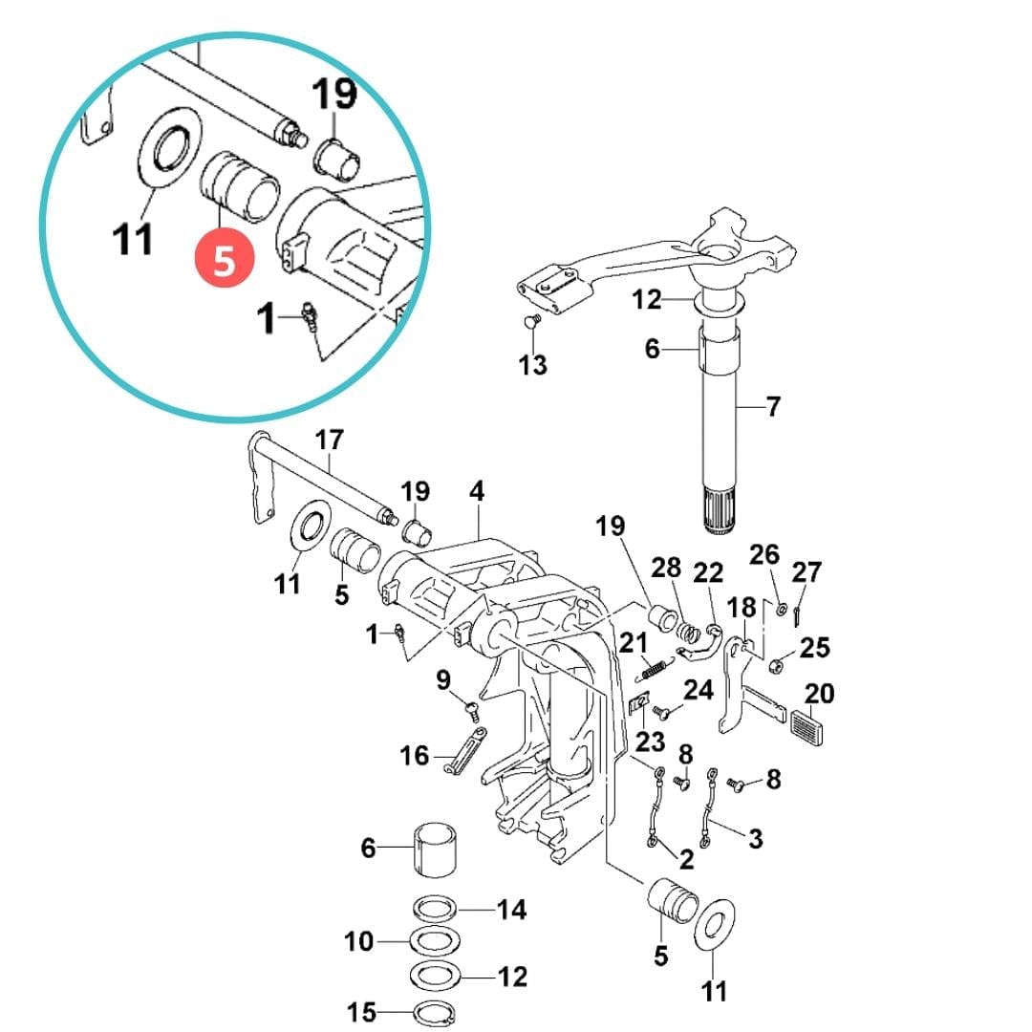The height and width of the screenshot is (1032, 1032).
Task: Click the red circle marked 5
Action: click(224, 259)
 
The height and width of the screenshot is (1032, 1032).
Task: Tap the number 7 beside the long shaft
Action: click(772, 407)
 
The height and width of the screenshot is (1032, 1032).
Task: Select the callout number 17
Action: click(329, 441)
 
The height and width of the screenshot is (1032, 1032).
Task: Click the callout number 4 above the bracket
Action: click(477, 492)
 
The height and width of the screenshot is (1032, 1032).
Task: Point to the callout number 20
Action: click(819, 693)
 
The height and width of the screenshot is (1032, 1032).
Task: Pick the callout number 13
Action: click(533, 364)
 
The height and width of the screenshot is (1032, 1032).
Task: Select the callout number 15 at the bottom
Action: click(362, 1012)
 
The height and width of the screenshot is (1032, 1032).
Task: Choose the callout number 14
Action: click(512, 910)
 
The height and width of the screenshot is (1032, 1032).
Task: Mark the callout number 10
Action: click(359, 942)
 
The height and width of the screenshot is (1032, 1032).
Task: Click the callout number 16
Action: click(415, 757)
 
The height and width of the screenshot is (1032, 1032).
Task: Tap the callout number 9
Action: click(443, 680)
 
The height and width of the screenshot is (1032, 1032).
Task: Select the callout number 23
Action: click(650, 741)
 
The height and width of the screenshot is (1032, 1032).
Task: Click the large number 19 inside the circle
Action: click(333, 96)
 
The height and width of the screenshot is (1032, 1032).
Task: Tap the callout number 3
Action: click(755, 839)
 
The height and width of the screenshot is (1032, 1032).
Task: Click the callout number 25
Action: click(815, 648)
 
